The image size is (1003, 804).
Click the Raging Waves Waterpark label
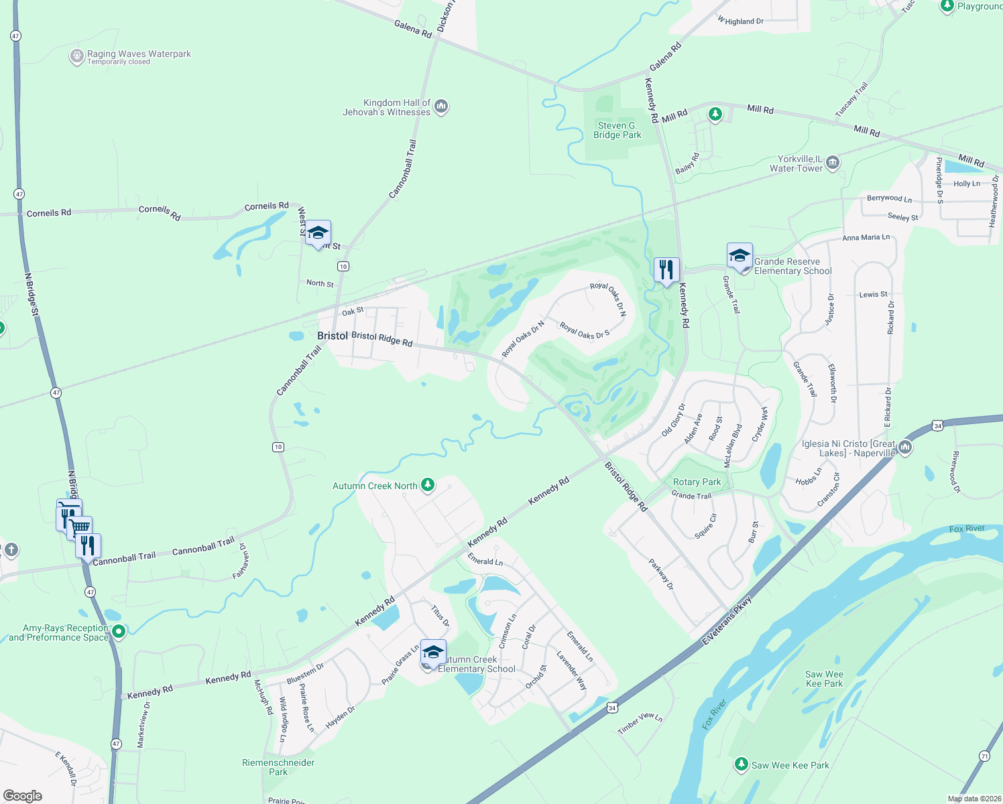(139, 54)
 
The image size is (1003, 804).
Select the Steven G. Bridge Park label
(617, 130)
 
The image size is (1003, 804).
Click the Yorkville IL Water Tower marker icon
(833, 162)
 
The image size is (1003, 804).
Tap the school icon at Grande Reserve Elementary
(740, 256)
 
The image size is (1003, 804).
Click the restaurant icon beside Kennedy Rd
(666, 270)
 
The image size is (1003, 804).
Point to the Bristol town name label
(333, 336)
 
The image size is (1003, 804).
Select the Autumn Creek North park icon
(427, 485)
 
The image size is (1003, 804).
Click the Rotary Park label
(697, 482)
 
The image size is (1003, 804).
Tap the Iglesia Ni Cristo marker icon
(905, 447)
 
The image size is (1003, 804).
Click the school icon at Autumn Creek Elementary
(433, 652)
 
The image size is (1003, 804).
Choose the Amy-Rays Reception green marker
(119, 631)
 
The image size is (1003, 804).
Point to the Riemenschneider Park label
(278, 767)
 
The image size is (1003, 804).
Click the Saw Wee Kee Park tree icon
(741, 764)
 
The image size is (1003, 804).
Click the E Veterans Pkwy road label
(727, 621)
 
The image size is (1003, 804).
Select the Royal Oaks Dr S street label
(585, 331)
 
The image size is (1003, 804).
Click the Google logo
(23, 795)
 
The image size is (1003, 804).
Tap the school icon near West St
(318, 233)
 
